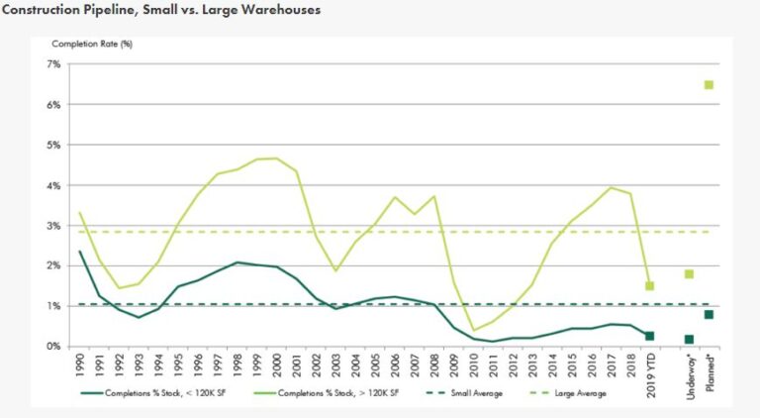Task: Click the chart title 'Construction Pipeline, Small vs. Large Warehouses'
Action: [x=162, y=11]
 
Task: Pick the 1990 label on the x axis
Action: [x=80, y=365]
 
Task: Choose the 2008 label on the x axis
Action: [x=432, y=365]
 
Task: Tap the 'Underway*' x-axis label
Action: [x=689, y=374]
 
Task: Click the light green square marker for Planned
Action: [x=709, y=85]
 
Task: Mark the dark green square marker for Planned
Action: [x=709, y=315]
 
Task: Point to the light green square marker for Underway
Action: [x=689, y=274]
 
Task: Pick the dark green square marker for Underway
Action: [x=689, y=340]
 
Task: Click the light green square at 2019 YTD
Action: [x=649, y=286]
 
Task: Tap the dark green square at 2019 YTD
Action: [x=649, y=336]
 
